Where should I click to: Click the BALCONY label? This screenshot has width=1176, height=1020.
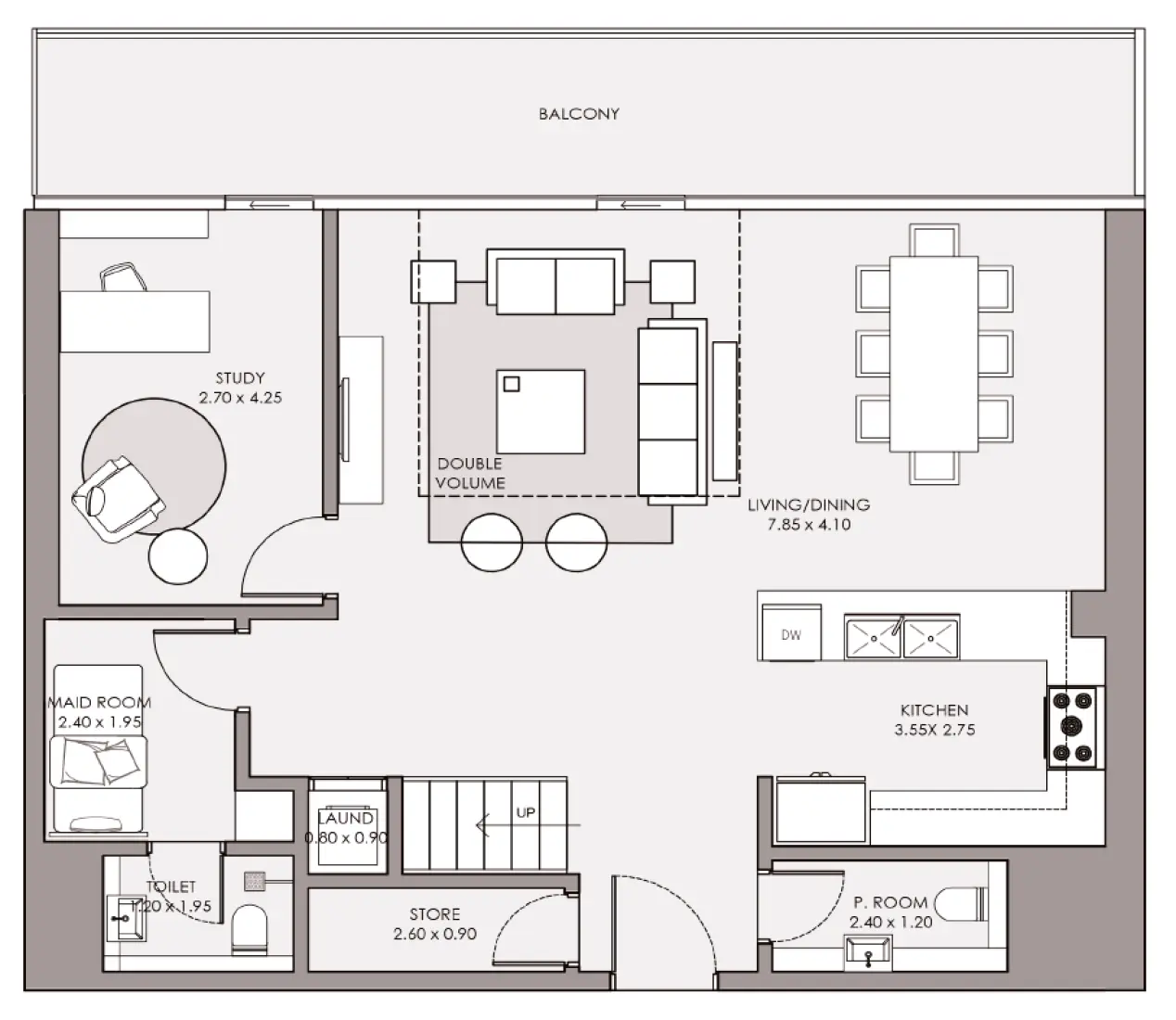tap(579, 114)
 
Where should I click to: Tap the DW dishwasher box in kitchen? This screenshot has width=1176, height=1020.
tap(790, 634)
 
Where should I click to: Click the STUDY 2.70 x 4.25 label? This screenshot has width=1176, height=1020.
tap(240, 388)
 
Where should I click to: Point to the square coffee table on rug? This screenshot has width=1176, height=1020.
tap(541, 411)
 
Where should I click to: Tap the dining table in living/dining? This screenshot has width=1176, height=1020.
tap(933, 354)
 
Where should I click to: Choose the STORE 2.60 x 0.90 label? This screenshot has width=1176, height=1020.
tap(435, 924)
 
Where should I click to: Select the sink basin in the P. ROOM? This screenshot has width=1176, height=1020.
tap(868, 952)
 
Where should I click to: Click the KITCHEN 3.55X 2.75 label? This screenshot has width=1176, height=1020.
tap(935, 720)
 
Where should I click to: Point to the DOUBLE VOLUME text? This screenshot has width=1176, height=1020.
tap(469, 473)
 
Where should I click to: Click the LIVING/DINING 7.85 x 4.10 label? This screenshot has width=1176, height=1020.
tap(809, 515)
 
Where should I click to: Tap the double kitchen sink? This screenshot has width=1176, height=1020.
tap(901, 638)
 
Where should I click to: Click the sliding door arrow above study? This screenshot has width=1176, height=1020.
tap(269, 202)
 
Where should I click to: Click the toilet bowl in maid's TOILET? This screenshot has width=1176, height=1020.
tap(249, 929)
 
